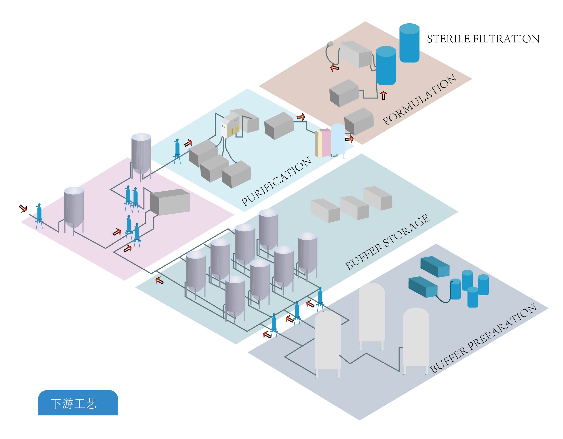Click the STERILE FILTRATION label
pos(483,39)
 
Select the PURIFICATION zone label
pos(276,181)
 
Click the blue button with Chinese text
pos(78,403)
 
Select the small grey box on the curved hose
pos(330,44)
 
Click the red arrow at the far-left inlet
pos(23,208)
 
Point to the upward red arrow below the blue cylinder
pos(384,96)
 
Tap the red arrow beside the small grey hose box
pos(335,68)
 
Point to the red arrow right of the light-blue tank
pos(349,139)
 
